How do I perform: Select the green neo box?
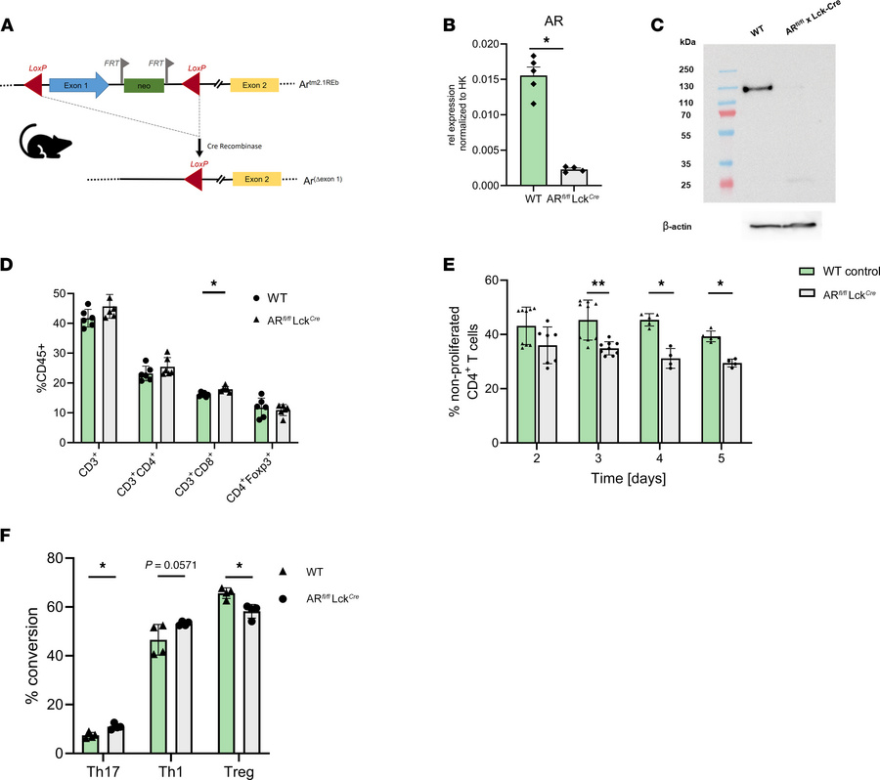(x=144, y=86)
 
